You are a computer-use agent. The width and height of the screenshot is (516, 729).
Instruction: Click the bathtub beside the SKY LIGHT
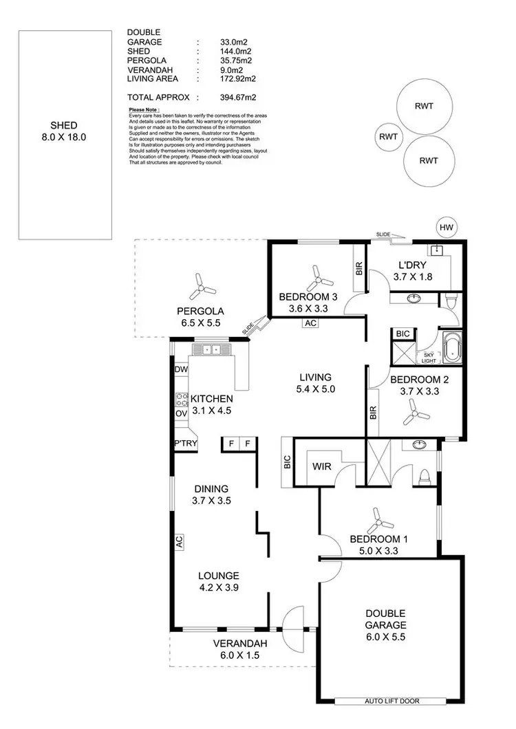point(453,347)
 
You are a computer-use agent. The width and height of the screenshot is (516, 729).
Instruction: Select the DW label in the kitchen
point(182,370)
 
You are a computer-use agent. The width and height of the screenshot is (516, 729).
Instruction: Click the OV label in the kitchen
point(182,414)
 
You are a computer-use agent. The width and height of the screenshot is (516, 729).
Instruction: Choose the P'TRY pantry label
point(186,444)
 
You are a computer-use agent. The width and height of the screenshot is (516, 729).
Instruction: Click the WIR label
point(322,467)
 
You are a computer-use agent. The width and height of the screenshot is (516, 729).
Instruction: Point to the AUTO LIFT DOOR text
point(394,701)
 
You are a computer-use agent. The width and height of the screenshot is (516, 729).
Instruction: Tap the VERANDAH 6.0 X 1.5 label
point(239,649)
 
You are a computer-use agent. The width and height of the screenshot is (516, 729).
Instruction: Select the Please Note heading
point(144,109)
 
